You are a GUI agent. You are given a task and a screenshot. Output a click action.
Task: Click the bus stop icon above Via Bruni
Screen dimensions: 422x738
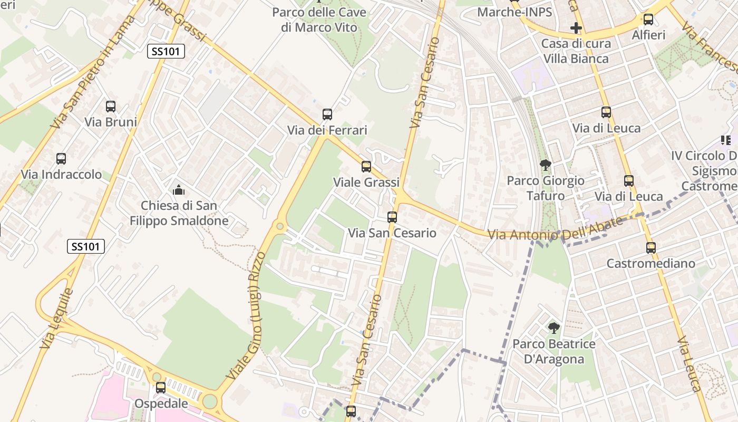coord(111,107)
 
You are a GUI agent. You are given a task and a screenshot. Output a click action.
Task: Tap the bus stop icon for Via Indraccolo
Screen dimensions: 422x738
coord(61,159)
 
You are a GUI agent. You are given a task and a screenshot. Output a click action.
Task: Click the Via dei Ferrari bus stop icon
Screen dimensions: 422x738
coord(327,114)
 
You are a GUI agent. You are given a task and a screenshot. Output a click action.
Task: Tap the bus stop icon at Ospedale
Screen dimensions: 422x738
coord(161,388)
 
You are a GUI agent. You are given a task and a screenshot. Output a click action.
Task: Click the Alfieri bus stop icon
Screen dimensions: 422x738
coord(648,20)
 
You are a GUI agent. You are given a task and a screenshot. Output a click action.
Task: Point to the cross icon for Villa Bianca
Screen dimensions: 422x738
coord(576,27)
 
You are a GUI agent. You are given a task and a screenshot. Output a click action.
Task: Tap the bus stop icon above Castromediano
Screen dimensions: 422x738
coord(651,248)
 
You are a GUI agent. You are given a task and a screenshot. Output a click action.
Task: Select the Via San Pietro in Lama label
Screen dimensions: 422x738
coord(93,73)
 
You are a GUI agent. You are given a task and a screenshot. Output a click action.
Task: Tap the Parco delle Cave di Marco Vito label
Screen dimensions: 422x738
coord(319,20)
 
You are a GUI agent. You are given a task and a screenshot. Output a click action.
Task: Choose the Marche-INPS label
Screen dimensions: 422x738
coord(514,12)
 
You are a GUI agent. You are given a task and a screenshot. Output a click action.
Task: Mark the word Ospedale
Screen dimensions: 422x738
coord(161,404)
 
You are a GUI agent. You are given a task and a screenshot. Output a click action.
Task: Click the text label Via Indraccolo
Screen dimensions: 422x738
coord(61,174)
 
